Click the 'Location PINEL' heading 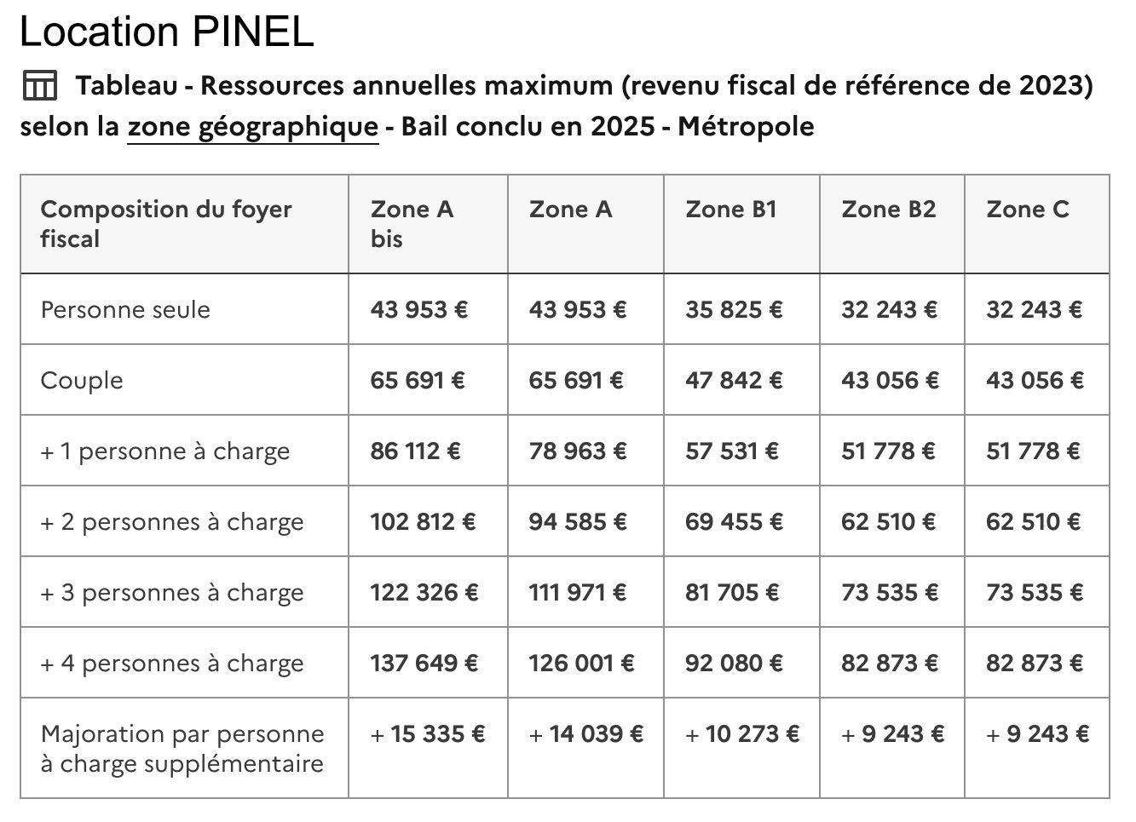click(x=166, y=32)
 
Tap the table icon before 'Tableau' click(x=39, y=86)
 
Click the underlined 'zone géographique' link click(x=252, y=127)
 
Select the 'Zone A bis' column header click(x=412, y=223)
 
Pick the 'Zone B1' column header click(x=731, y=210)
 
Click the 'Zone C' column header click(x=1027, y=210)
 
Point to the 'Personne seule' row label click(x=125, y=309)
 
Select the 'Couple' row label click(x=82, y=380)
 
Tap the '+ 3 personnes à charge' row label click(x=171, y=592)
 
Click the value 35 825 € click(x=734, y=309)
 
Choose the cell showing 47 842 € click(x=734, y=380)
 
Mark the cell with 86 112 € click(x=415, y=451)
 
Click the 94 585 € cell click(x=577, y=521)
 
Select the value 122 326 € click(x=424, y=592)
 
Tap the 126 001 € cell click(x=581, y=663)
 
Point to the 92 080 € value click(x=734, y=663)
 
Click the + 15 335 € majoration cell click(x=427, y=733)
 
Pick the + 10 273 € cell click(x=742, y=733)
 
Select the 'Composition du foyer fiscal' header click(x=166, y=223)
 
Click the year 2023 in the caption click(x=1050, y=86)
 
